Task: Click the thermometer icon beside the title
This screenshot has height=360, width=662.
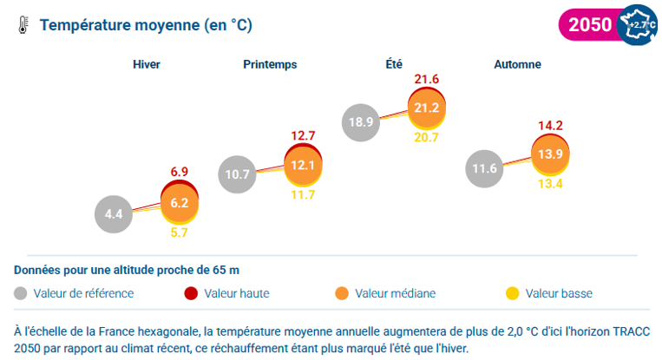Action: pyautogui.click(x=23, y=25)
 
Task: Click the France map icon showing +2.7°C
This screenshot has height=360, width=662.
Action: pyautogui.click(x=638, y=25)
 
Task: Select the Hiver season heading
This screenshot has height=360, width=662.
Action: pyautogui.click(x=147, y=64)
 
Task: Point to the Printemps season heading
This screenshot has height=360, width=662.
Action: pyautogui.click(x=270, y=64)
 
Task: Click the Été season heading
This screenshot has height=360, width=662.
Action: pyautogui.click(x=394, y=64)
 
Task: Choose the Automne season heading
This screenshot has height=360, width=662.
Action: pyautogui.click(x=518, y=64)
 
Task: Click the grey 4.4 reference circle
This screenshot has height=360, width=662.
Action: pyautogui.click(x=114, y=214)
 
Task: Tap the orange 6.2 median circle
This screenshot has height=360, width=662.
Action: pyautogui.click(x=180, y=204)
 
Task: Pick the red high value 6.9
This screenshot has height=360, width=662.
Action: pyautogui.click(x=180, y=172)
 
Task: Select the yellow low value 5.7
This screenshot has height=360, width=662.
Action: pyautogui.click(x=179, y=232)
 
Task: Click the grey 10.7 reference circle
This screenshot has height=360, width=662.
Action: pyautogui.click(x=237, y=174)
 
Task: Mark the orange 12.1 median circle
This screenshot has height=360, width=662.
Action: pyautogui.click(x=303, y=166)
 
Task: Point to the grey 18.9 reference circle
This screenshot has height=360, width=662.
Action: pyautogui.click(x=361, y=122)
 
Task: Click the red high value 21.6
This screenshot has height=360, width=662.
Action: pyautogui.click(x=426, y=79)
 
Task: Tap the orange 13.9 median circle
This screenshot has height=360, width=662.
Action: pyautogui.click(x=551, y=154)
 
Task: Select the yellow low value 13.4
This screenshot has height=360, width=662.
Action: pyautogui.click(x=551, y=184)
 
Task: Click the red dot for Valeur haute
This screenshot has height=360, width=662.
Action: pyautogui.click(x=191, y=293)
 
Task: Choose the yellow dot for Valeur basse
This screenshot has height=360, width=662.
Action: pyautogui.click(x=513, y=293)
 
